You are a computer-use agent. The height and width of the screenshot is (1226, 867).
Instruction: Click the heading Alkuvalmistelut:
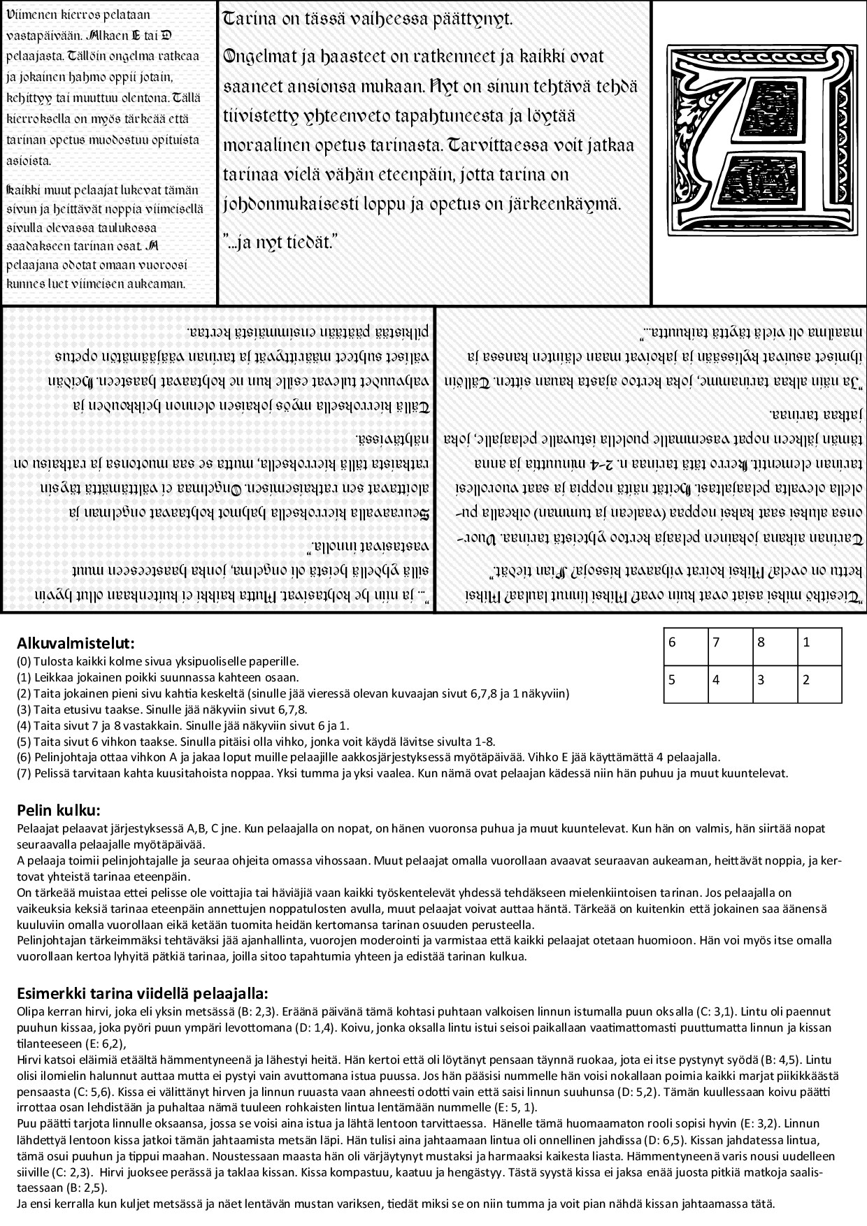pos(76,643)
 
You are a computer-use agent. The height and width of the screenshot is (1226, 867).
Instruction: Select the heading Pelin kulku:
pos(59,811)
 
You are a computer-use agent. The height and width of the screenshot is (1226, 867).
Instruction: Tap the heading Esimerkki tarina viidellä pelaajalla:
pos(142,994)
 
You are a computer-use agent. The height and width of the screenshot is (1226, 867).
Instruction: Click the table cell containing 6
pos(685,647)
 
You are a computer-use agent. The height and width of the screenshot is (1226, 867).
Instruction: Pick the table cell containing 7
pos(731,647)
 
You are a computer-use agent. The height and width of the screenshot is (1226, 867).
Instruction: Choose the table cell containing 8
pos(775,647)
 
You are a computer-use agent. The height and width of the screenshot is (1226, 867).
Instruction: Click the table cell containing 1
pos(819,647)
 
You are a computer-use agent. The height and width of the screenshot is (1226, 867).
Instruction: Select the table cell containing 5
pos(685,684)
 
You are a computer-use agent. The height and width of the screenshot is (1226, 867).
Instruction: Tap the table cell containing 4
pos(731,684)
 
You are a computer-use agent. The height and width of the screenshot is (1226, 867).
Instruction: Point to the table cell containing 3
pos(775,684)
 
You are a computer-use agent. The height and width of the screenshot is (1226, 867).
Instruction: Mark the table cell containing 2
pos(819,684)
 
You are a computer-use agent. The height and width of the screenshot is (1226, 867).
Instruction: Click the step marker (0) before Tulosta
pos(23,661)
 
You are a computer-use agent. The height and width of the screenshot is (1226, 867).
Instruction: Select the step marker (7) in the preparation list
pos(23,773)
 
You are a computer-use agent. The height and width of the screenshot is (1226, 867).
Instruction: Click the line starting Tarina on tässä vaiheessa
pos(368,20)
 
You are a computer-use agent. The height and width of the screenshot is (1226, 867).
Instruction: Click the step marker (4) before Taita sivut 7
pos(23,726)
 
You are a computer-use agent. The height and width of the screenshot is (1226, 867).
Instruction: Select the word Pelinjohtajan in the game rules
pos(49,942)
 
